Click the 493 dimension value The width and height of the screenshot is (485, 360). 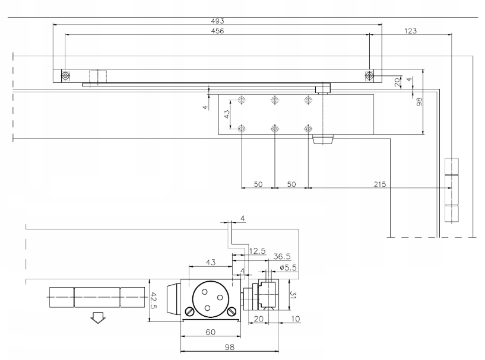pos(217,21)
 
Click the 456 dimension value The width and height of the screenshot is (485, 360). pos(217,31)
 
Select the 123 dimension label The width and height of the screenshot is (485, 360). pos(410,31)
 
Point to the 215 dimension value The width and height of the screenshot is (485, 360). pos(380,184)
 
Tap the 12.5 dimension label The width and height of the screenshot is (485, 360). pos(257,251)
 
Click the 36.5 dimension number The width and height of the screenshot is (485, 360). pos(282,256)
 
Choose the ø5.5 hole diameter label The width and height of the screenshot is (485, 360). pos(289,267)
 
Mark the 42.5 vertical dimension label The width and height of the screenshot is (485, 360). pos(153,301)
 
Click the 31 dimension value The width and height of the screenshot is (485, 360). pos(293,295)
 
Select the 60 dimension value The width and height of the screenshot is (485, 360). pos(210,332)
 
